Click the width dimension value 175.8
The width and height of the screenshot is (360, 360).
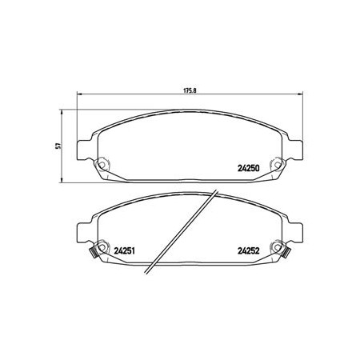coord(190,90)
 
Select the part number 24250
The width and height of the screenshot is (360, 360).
coord(248,168)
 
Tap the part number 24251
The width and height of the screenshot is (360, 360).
coord(124,251)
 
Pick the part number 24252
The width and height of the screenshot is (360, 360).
coord(248,251)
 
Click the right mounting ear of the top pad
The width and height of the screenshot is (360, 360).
coord(295,150)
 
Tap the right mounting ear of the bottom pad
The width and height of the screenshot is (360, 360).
coord(295,234)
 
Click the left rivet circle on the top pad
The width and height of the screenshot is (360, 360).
coord(102,165)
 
